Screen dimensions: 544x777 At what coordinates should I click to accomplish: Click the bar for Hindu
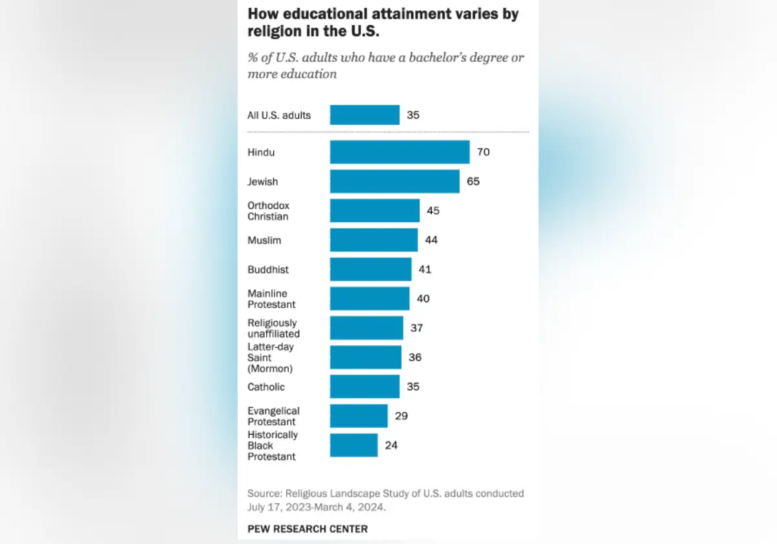(400, 152)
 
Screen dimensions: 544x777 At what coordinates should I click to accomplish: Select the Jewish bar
(394, 181)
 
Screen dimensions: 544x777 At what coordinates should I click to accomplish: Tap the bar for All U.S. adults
(365, 115)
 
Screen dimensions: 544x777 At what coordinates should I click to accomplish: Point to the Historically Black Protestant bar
(354, 446)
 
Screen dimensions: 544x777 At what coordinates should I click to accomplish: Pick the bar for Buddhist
(370, 269)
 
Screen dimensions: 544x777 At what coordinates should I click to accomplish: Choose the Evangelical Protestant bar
(359, 416)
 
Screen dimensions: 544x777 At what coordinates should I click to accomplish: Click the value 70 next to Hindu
(483, 152)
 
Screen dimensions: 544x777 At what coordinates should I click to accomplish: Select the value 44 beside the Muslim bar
(431, 240)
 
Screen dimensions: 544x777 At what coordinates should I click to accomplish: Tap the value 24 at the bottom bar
(391, 446)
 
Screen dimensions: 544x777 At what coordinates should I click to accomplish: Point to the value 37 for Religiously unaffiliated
(416, 328)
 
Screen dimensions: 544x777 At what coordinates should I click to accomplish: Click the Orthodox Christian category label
(268, 211)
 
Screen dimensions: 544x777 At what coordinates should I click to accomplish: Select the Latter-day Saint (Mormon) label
(270, 357)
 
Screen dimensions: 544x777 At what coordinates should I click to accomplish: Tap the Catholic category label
(266, 387)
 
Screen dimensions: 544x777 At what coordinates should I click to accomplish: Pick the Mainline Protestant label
(271, 299)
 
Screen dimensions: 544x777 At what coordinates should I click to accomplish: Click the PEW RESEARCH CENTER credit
(308, 529)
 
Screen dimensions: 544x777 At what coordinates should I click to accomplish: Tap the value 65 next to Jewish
(473, 181)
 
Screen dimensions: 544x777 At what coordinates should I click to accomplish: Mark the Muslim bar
(374, 240)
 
